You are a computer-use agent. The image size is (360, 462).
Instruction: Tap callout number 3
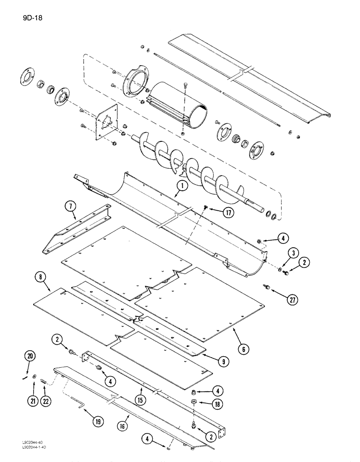pos(292,252)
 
